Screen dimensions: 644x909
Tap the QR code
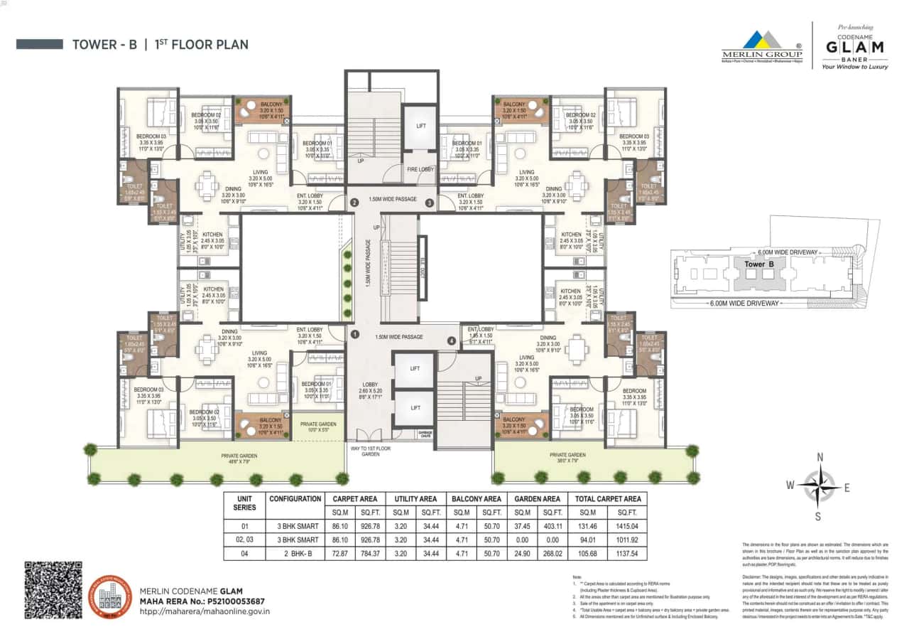click(x=53, y=589)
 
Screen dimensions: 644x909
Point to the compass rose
click(x=819, y=485)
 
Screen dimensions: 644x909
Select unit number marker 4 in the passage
click(x=451, y=340)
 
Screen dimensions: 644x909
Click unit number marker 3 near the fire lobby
click(x=429, y=203)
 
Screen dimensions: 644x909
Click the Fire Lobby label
click(x=420, y=169)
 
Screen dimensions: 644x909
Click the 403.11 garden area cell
click(x=552, y=527)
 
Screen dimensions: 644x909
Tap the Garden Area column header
click(x=537, y=499)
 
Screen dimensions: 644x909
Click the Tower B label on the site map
click(x=758, y=264)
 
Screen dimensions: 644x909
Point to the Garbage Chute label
click(x=405, y=433)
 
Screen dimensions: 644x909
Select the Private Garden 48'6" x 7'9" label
click(x=239, y=458)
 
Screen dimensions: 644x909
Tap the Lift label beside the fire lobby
click(x=420, y=126)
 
